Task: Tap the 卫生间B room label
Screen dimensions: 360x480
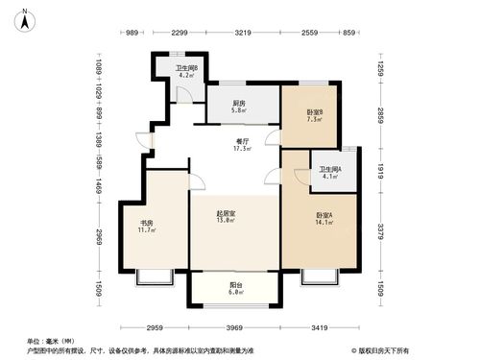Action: tap(186, 68)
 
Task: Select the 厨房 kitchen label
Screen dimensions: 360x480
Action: tap(237, 106)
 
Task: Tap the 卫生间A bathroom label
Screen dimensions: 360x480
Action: tap(329, 172)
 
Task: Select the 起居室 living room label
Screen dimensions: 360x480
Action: tap(227, 218)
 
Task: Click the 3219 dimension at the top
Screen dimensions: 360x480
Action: tap(243, 34)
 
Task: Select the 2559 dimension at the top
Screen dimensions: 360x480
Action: tap(308, 34)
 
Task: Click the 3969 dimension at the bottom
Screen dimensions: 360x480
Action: tap(230, 326)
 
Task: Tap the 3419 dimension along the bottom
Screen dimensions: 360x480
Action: tap(325, 326)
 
